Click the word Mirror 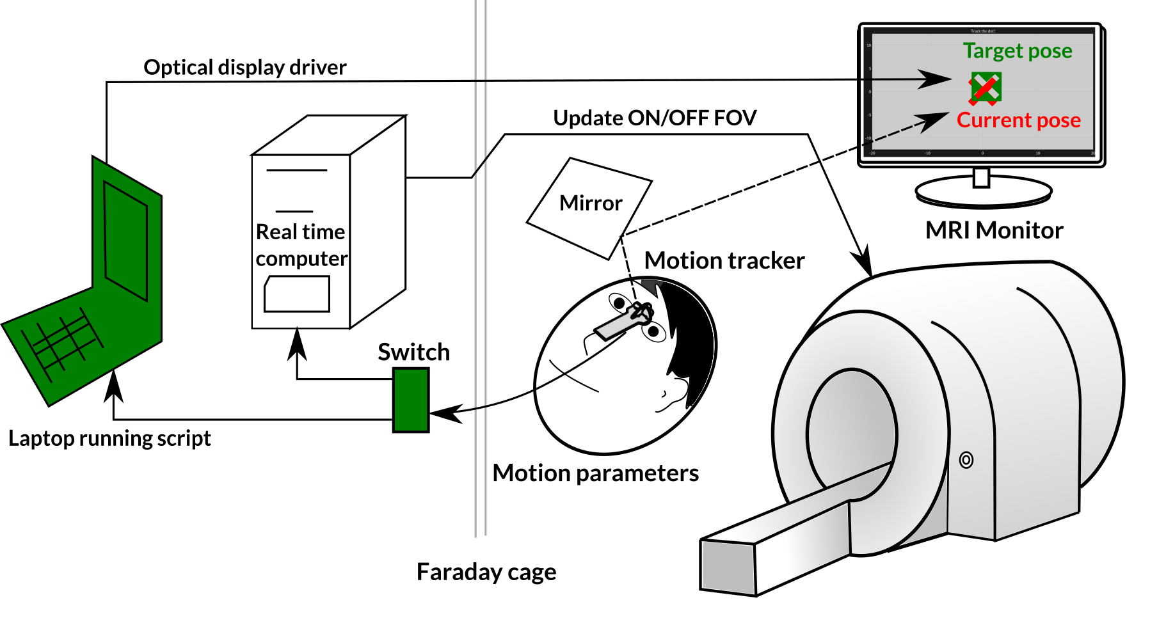point(591,203)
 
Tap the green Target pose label point(1018,51)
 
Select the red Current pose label point(1018,120)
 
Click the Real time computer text point(301,245)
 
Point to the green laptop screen point(126,241)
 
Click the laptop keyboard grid point(63,342)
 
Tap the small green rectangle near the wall point(411,400)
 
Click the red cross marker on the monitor point(986,88)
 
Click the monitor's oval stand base point(983,191)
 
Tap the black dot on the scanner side point(966,459)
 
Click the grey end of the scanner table point(728,567)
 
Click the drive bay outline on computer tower point(297,294)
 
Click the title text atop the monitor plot point(983,31)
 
